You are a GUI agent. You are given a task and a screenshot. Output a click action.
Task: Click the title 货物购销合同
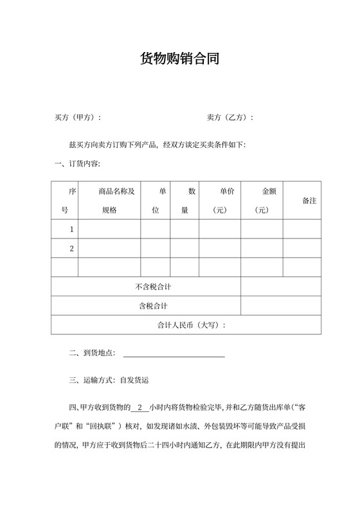pos(180,59)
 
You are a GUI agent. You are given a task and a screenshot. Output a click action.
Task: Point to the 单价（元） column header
pos(220,201)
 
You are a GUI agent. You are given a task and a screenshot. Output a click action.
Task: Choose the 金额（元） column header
pos(262,201)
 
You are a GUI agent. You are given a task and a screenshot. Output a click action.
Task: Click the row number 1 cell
pos(64,229)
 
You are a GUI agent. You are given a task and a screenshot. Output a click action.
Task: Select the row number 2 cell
pos(64,249)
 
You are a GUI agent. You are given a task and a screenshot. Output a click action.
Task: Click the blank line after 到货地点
pos(174,353)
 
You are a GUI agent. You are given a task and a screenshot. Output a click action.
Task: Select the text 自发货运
pos(134,380)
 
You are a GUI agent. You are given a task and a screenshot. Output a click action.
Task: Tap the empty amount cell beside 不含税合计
pos(280,287)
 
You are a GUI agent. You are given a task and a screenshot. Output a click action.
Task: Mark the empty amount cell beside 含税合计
pos(280,306)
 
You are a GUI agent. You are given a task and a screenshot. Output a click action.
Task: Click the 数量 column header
pos(184,201)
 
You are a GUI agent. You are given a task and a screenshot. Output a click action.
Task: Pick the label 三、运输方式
pos(91,380)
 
